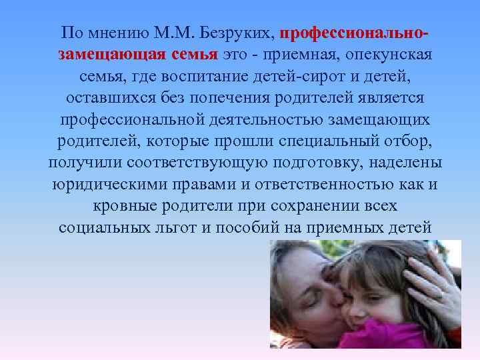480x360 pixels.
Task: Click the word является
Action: coord(381,98)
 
